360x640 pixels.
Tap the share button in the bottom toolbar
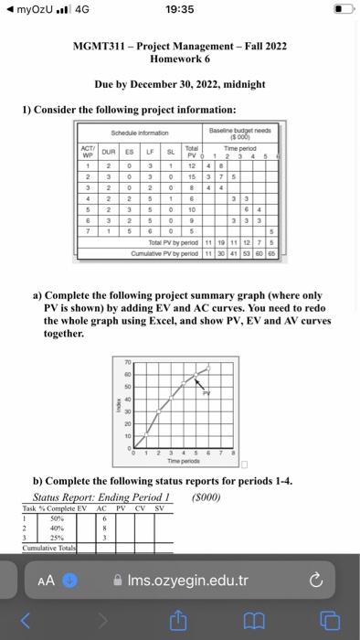180,623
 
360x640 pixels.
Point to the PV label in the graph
206,392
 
